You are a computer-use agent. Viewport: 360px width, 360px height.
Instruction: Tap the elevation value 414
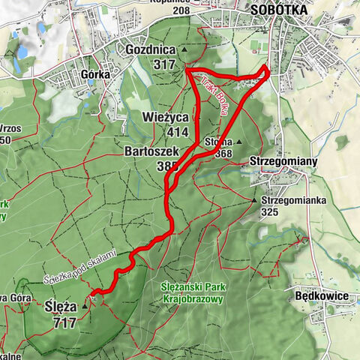point(178,132)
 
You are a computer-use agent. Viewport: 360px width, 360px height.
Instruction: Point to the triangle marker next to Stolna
point(238,141)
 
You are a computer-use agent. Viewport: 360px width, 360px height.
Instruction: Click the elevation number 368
point(222,154)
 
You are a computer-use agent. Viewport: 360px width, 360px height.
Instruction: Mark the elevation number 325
point(270,212)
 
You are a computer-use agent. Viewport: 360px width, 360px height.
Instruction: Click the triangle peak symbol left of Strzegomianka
point(254,200)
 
